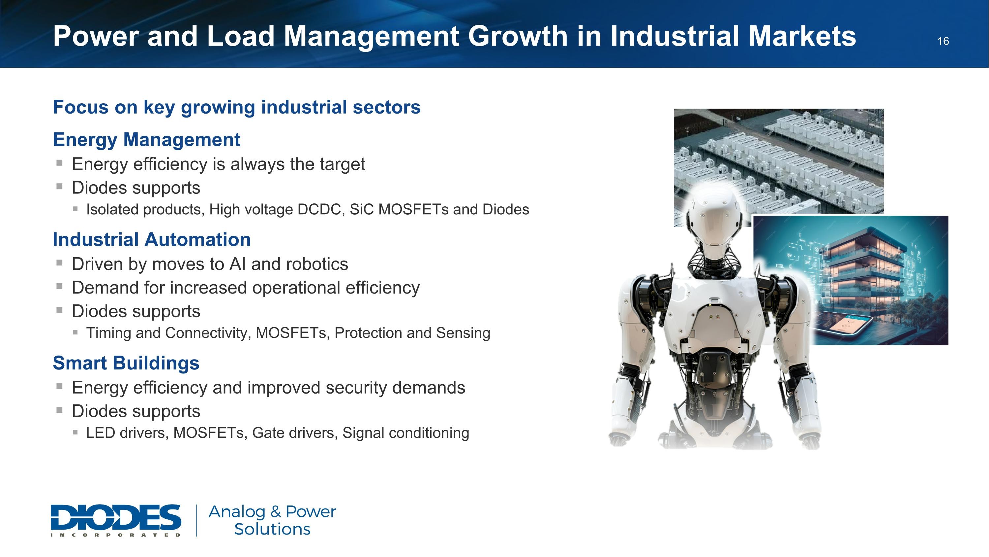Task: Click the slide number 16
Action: (x=943, y=41)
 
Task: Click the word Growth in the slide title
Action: (x=517, y=36)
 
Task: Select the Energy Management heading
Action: (x=146, y=140)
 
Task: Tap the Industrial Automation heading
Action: (x=152, y=239)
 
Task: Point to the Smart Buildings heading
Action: (x=126, y=363)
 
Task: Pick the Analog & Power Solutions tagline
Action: (x=272, y=520)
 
